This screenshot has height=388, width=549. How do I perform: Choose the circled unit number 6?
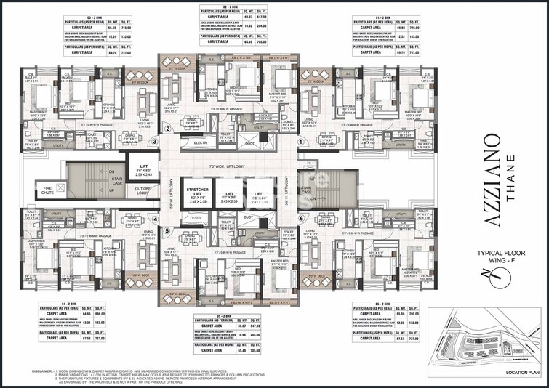302,218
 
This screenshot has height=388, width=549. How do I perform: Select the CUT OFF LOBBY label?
142,191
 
